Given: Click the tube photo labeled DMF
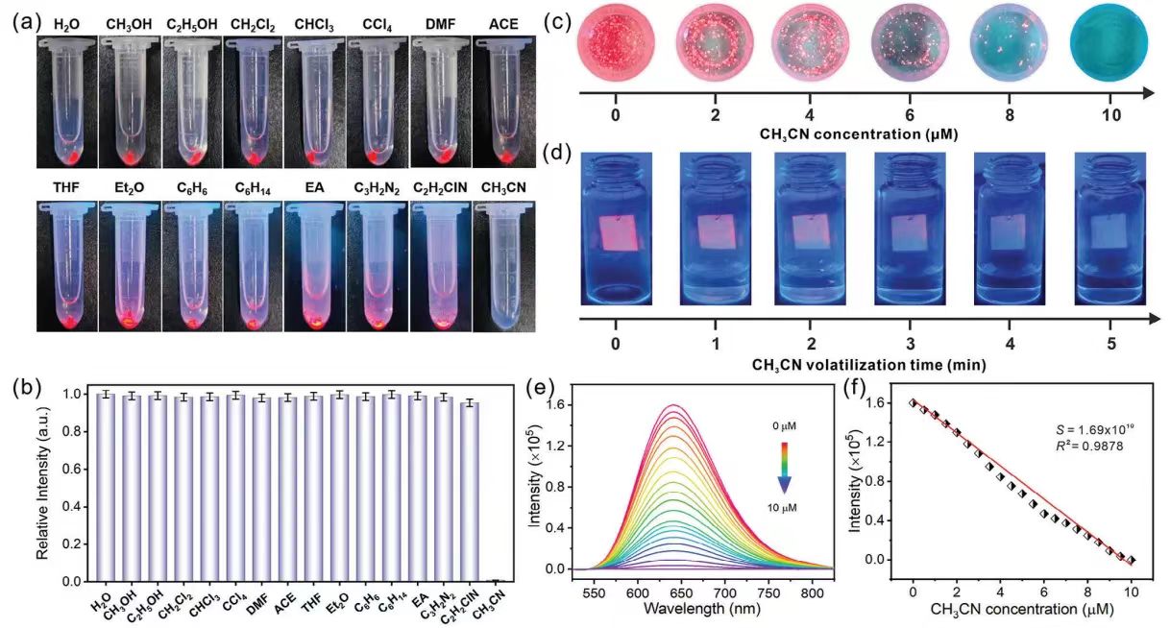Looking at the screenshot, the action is click(441, 102).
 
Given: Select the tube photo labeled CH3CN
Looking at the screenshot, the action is click(504, 266).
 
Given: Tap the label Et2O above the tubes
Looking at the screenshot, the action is click(129, 188).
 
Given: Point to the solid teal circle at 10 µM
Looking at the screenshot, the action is click(1109, 47).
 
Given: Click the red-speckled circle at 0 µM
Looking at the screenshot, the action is click(616, 47).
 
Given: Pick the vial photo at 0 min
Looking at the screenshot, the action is click(617, 229).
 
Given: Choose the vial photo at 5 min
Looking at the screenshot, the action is click(1110, 229).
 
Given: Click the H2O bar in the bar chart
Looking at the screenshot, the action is click(106, 488).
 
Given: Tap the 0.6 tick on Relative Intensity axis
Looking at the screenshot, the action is click(76, 470).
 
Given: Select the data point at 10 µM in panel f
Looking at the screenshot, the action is click(1132, 560).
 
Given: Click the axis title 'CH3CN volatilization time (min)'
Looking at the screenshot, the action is click(869, 364).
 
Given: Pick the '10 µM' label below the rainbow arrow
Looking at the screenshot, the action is click(782, 507).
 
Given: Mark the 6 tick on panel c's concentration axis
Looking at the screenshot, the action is click(910, 114).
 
